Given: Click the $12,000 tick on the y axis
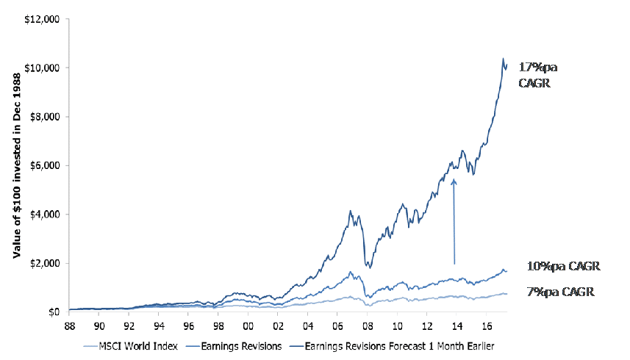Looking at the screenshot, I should click(43, 19).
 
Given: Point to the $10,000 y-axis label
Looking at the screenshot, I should click(43, 68).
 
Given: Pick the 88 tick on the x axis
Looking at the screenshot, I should click(69, 324).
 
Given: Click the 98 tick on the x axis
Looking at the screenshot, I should click(218, 324).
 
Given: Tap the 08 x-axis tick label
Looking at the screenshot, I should click(367, 324).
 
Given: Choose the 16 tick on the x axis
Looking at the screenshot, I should click(486, 324).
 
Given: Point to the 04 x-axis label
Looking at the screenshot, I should click(307, 324).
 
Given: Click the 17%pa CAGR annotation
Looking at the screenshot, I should click(538, 75).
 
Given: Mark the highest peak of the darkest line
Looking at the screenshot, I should click(504, 59).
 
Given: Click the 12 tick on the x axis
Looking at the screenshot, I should click(426, 324).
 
